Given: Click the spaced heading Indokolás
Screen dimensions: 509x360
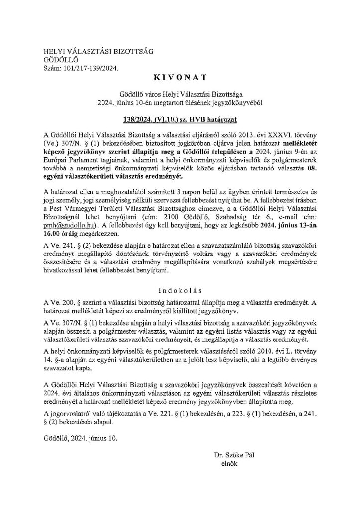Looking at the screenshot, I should pyautogui.click(x=180, y=289).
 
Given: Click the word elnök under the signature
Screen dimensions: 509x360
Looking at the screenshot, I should pyautogui.click(x=229, y=463).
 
